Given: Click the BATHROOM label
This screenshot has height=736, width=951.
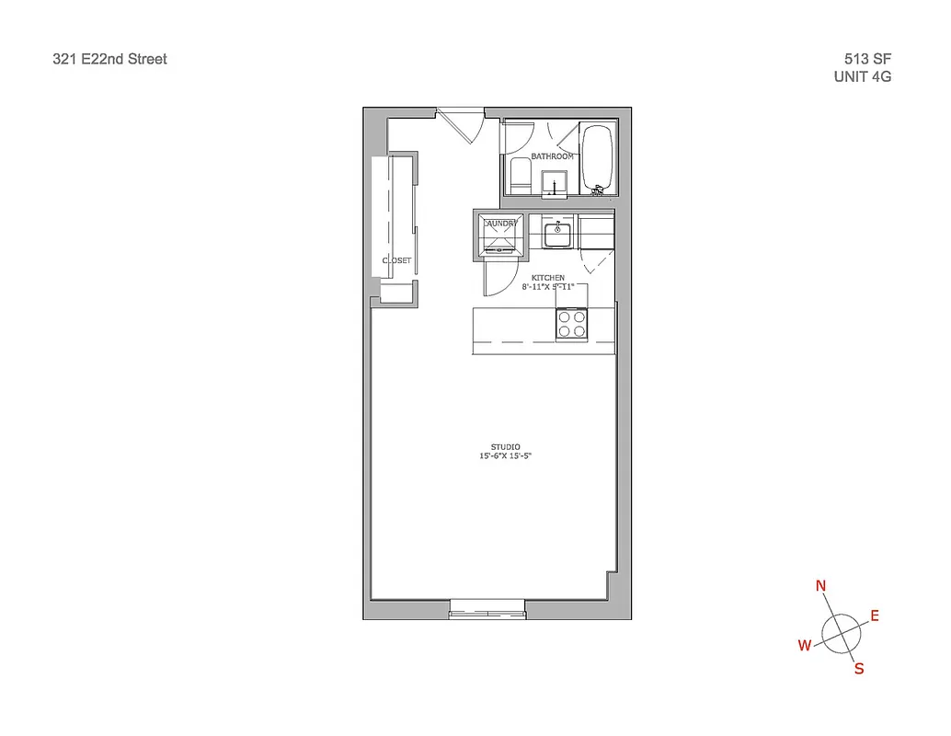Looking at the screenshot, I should click(553, 156).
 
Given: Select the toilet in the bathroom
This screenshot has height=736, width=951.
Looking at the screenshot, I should click(520, 175).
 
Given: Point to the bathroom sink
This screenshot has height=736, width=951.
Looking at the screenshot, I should click(555, 182).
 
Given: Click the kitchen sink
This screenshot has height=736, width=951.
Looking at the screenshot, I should click(556, 235).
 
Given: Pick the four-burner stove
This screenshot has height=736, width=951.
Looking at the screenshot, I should click(572, 325).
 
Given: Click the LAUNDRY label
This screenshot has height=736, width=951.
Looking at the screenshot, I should click(500, 224).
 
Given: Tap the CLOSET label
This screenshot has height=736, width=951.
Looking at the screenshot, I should click(397, 260).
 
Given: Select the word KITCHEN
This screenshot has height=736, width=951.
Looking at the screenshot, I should click(548, 278).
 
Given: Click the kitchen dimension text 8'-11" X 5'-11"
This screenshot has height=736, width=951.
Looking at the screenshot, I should click(548, 287).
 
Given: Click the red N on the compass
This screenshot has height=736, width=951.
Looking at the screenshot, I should click(821, 586).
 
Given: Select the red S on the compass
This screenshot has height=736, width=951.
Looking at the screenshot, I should click(859, 669).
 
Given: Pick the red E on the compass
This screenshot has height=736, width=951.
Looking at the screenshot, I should click(875, 615).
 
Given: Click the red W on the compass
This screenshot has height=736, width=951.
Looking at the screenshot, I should click(804, 646).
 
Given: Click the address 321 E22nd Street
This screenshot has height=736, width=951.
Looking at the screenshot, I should click(110, 60).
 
